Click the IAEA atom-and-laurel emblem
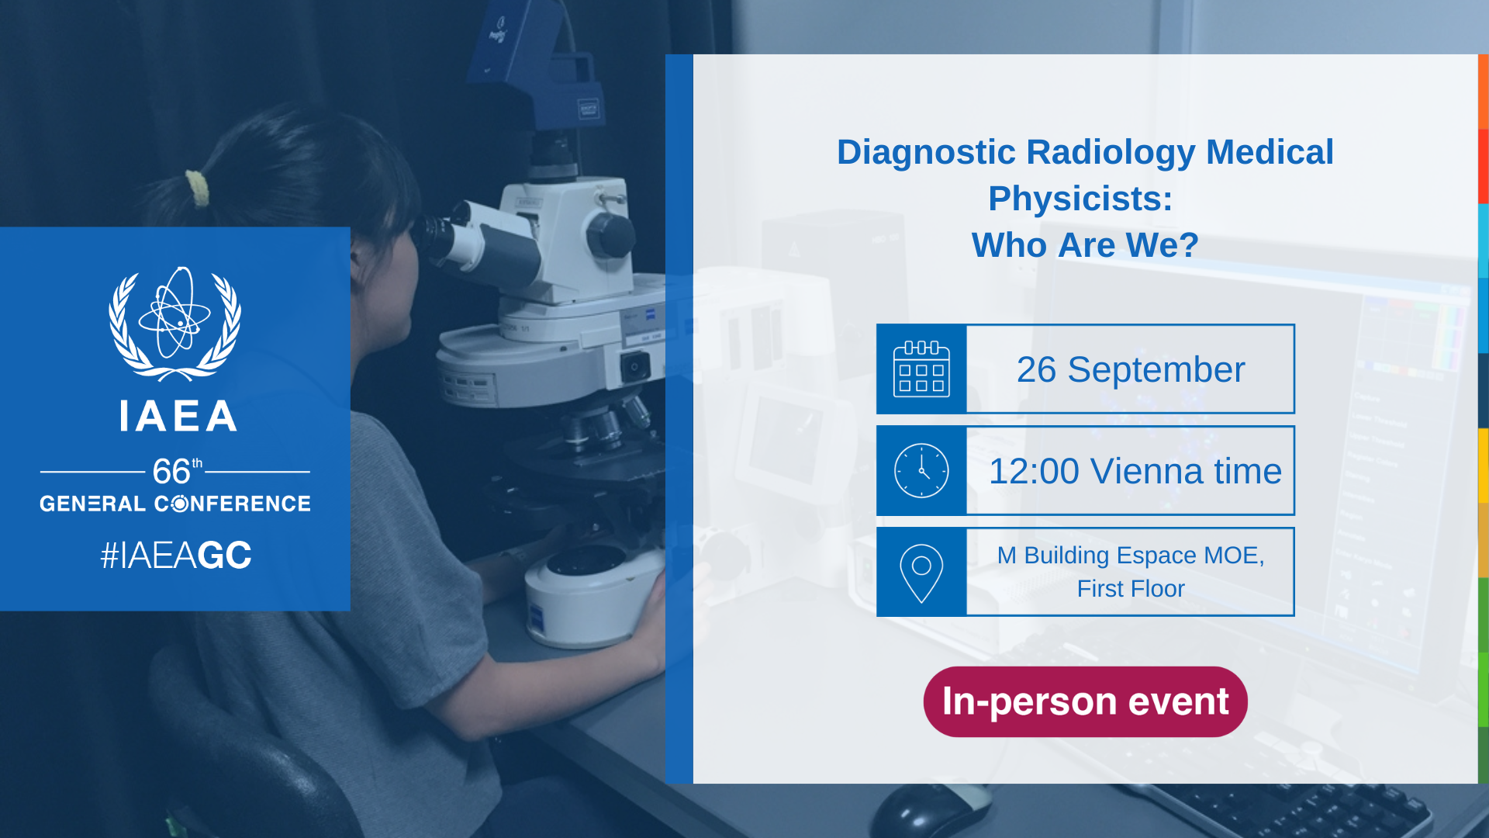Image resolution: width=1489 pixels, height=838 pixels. pos(174,324)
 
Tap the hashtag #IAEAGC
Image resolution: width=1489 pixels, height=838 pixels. pos(176,556)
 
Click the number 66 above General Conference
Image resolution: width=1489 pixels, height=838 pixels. pos(171,471)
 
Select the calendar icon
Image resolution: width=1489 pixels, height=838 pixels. pos(921,369)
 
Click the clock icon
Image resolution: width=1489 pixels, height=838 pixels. pos(921,471)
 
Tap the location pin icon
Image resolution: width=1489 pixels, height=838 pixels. pos(921,573)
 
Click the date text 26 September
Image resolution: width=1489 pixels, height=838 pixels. pos(1131,370)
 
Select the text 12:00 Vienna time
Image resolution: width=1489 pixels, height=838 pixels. pos(1135,472)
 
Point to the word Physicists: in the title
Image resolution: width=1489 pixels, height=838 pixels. pos(1080,199)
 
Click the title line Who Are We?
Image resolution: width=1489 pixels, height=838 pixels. pos(1085,245)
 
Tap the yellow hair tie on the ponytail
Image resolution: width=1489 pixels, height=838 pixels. pos(197,189)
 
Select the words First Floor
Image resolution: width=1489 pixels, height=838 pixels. pos(1131,589)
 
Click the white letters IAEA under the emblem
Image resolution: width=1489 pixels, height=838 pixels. pos(178,416)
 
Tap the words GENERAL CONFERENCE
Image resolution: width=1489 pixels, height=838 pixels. pos(175,504)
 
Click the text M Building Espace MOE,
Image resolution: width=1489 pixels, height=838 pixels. pos(1131,556)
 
